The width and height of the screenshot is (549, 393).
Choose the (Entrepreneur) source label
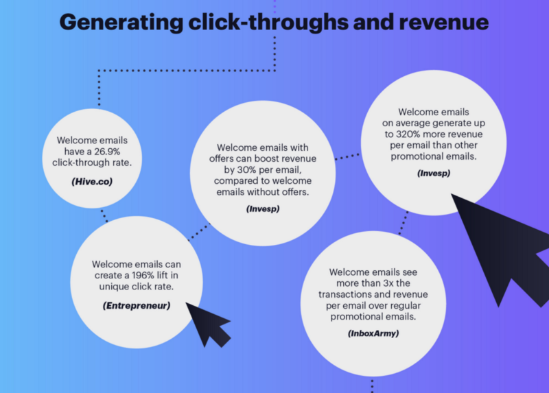coord(136,305)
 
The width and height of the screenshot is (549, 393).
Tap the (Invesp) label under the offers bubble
coord(263,208)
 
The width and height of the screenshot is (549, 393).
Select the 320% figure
coord(413,134)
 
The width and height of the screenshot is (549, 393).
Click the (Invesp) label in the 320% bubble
coord(434,173)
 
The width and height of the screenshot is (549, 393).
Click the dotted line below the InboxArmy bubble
coord(372,385)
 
